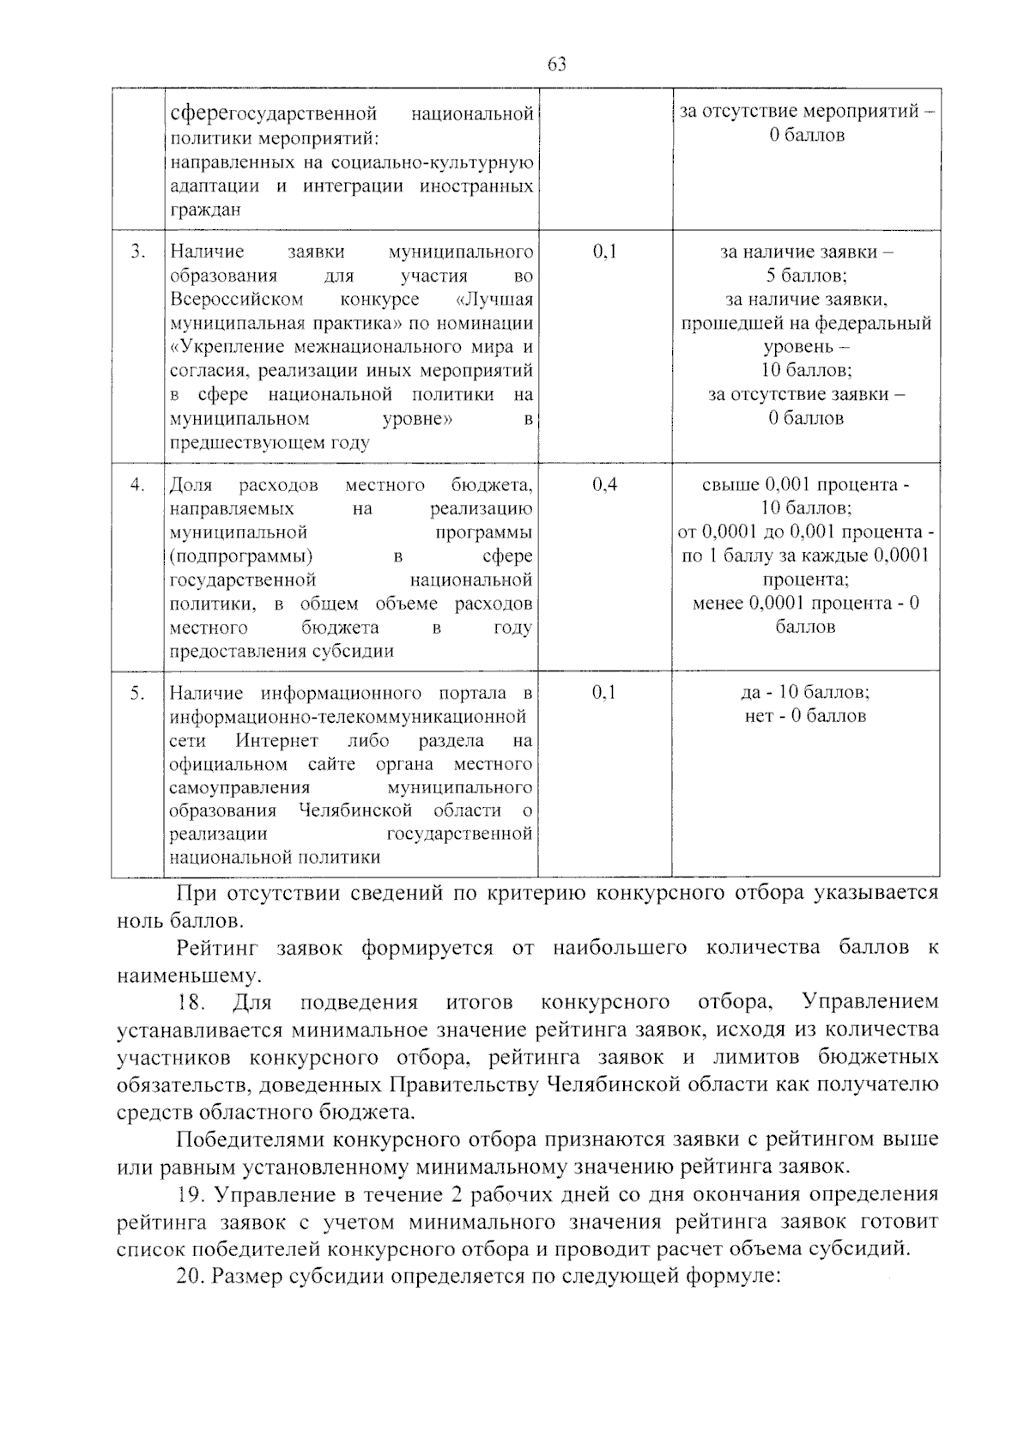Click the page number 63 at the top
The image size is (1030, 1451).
point(556,65)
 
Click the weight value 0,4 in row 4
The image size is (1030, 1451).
point(604,484)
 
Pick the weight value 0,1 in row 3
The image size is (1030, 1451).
point(604,252)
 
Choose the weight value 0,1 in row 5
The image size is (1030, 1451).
point(604,693)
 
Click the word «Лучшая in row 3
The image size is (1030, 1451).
point(493,299)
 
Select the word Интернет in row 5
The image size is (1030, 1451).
point(277,740)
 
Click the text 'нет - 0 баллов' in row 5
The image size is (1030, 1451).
point(805,716)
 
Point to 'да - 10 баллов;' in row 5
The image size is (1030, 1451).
point(805,693)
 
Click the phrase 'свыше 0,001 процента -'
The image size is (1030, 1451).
point(805,484)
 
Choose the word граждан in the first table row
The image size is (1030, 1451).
point(205,209)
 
